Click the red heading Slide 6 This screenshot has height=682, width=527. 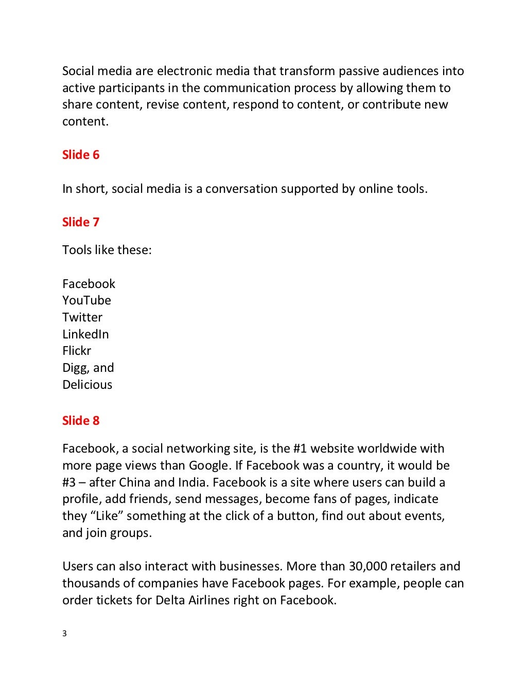pos(80,155)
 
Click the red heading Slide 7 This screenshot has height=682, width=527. pos(80,222)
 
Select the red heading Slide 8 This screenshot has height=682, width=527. pos(80,421)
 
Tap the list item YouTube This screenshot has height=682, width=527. pos(86,300)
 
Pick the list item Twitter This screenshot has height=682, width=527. pos(82,317)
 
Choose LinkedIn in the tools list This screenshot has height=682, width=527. pos(85,334)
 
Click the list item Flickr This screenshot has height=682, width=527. pos(77,351)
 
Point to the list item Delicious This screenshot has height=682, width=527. pos(87,385)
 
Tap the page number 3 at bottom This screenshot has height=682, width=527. pos(64,634)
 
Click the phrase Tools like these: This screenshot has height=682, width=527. pos(107,250)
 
